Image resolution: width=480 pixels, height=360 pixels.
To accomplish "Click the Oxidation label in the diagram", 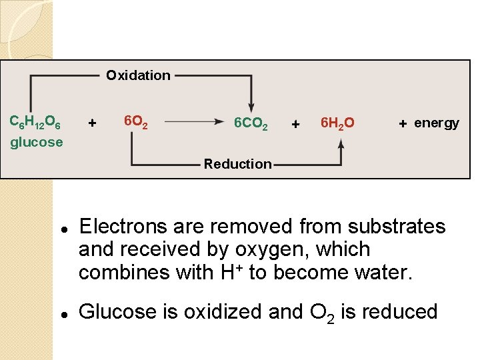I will pyautogui.click(x=138, y=75).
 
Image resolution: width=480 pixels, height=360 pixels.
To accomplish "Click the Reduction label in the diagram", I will pyautogui.click(x=238, y=164).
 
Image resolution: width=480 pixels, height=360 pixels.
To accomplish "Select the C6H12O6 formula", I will pyautogui.click(x=35, y=123).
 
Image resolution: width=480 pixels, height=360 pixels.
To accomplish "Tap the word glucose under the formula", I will pyautogui.click(x=37, y=142).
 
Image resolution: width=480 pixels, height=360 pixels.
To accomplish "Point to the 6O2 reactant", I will pyautogui.click(x=136, y=122).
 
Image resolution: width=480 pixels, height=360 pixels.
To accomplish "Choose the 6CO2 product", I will pyautogui.click(x=251, y=123).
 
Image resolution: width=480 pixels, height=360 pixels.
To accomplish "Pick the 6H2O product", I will pyautogui.click(x=337, y=123).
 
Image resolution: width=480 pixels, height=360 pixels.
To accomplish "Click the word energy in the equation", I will pyautogui.click(x=437, y=123).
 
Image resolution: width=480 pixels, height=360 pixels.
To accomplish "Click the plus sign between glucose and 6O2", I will pyautogui.click(x=92, y=123).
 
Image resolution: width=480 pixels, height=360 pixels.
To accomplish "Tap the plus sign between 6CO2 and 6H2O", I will pyautogui.click(x=296, y=124).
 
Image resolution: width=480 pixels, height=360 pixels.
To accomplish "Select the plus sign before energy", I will pyautogui.click(x=403, y=123).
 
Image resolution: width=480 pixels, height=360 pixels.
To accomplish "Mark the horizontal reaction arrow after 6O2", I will pyautogui.click(x=193, y=122).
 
